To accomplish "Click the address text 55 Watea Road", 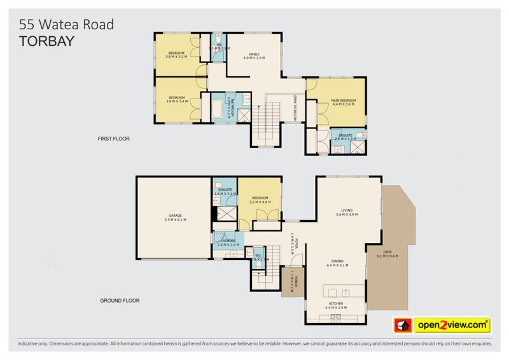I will coord(67,25).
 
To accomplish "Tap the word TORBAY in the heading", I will coord(47,41).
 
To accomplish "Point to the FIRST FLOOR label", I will coord(113,138).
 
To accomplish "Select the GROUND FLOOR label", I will coord(120,300).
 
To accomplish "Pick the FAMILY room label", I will coord(254,55).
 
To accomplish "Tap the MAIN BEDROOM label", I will coord(343,102).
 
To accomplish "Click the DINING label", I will coord(336,262).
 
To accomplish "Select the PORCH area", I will coord(291,281).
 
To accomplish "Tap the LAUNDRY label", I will coord(228,242).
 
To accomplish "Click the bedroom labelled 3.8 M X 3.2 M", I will coord(176,54).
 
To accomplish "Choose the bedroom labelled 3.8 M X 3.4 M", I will coord(176,99).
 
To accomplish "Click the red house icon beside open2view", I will coord(403,326).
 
